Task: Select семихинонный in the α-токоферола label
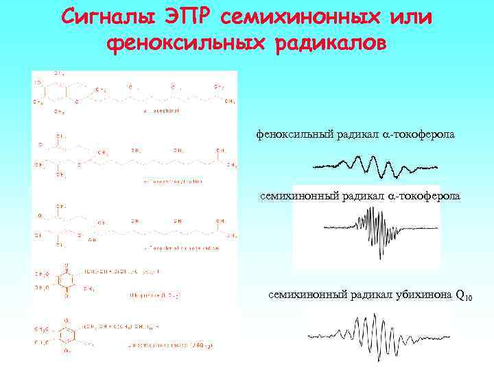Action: coord(297,197)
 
